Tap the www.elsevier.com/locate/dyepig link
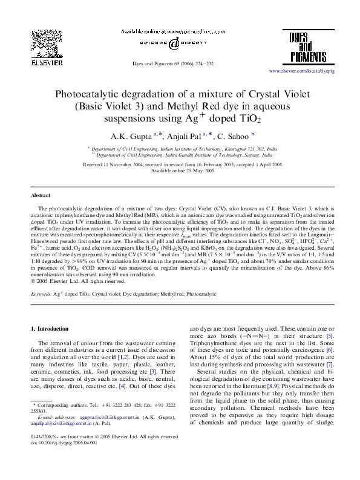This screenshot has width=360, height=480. [x=318, y=71]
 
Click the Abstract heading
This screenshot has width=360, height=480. [x=41, y=196]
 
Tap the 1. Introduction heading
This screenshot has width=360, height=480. [x=50, y=329]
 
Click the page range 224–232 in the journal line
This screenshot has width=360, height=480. [x=216, y=63]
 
